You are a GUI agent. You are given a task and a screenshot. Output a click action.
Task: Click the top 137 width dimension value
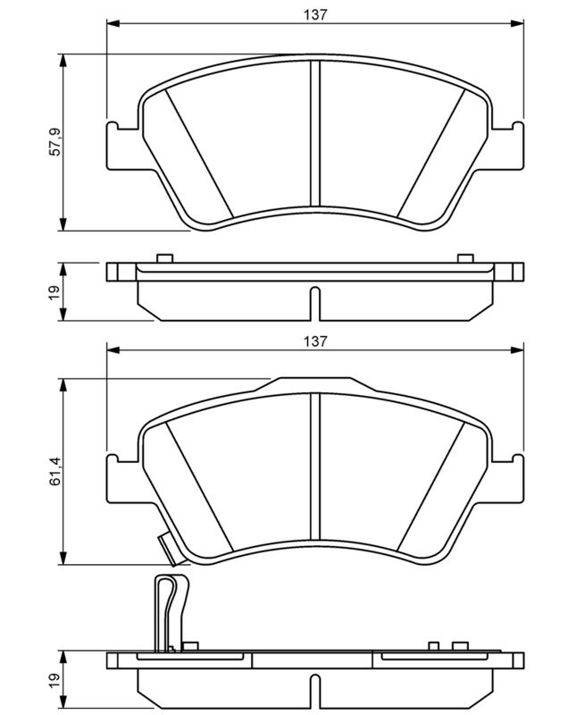315,14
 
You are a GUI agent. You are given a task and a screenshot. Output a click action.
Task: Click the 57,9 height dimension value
54,142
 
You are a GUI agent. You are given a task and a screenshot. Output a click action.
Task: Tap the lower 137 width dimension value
315,341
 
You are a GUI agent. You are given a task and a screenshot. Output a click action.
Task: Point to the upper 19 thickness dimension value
54,292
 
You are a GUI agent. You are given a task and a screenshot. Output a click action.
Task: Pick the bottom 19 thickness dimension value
54,683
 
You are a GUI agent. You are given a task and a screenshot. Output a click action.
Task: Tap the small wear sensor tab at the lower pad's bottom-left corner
170,550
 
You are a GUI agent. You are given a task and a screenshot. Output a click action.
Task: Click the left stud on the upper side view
164,258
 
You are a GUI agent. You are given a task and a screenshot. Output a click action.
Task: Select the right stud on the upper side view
465,258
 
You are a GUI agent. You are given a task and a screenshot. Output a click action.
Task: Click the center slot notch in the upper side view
315,304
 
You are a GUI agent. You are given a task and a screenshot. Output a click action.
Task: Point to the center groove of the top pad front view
315,133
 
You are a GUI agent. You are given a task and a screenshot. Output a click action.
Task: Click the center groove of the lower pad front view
315,466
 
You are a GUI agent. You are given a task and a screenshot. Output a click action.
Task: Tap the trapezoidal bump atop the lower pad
315,385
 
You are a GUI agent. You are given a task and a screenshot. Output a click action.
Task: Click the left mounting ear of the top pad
123,147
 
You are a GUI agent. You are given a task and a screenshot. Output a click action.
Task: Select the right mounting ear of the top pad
506,147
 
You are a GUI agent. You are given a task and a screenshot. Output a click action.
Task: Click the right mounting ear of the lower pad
506,480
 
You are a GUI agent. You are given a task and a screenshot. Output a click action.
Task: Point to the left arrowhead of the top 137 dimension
113,24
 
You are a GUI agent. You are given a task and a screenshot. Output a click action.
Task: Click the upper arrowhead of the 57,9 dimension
63,62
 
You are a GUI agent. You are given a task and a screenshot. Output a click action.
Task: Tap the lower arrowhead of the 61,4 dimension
63,557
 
